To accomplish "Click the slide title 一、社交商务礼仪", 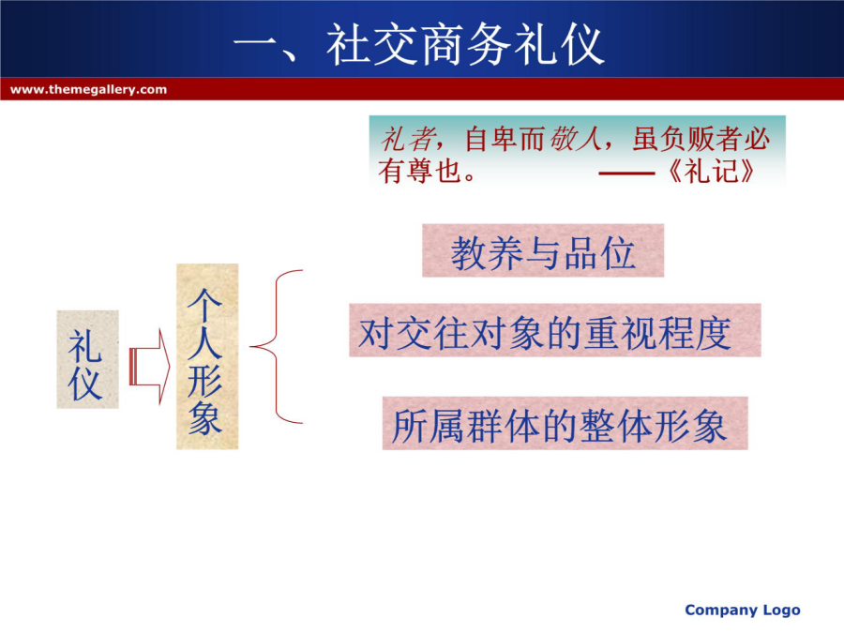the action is point(419,44).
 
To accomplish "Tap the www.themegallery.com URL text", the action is point(88,89).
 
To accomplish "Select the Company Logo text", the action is point(743,610).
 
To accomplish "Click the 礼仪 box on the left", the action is point(88,359).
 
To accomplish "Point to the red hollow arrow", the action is point(150,367).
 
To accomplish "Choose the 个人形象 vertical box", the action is point(207,356).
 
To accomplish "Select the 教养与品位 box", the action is point(543,250).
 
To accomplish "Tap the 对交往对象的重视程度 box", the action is point(555,330).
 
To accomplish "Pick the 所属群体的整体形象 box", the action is point(565,424).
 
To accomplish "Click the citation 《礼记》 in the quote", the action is point(710,172).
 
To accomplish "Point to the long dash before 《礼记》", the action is point(626,173).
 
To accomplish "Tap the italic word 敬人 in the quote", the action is point(576,139).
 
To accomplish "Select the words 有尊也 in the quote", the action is point(420,172).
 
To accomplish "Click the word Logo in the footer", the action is point(781,610).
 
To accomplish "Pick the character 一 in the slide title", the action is point(256,45).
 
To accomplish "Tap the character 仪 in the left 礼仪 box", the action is point(85,384).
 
